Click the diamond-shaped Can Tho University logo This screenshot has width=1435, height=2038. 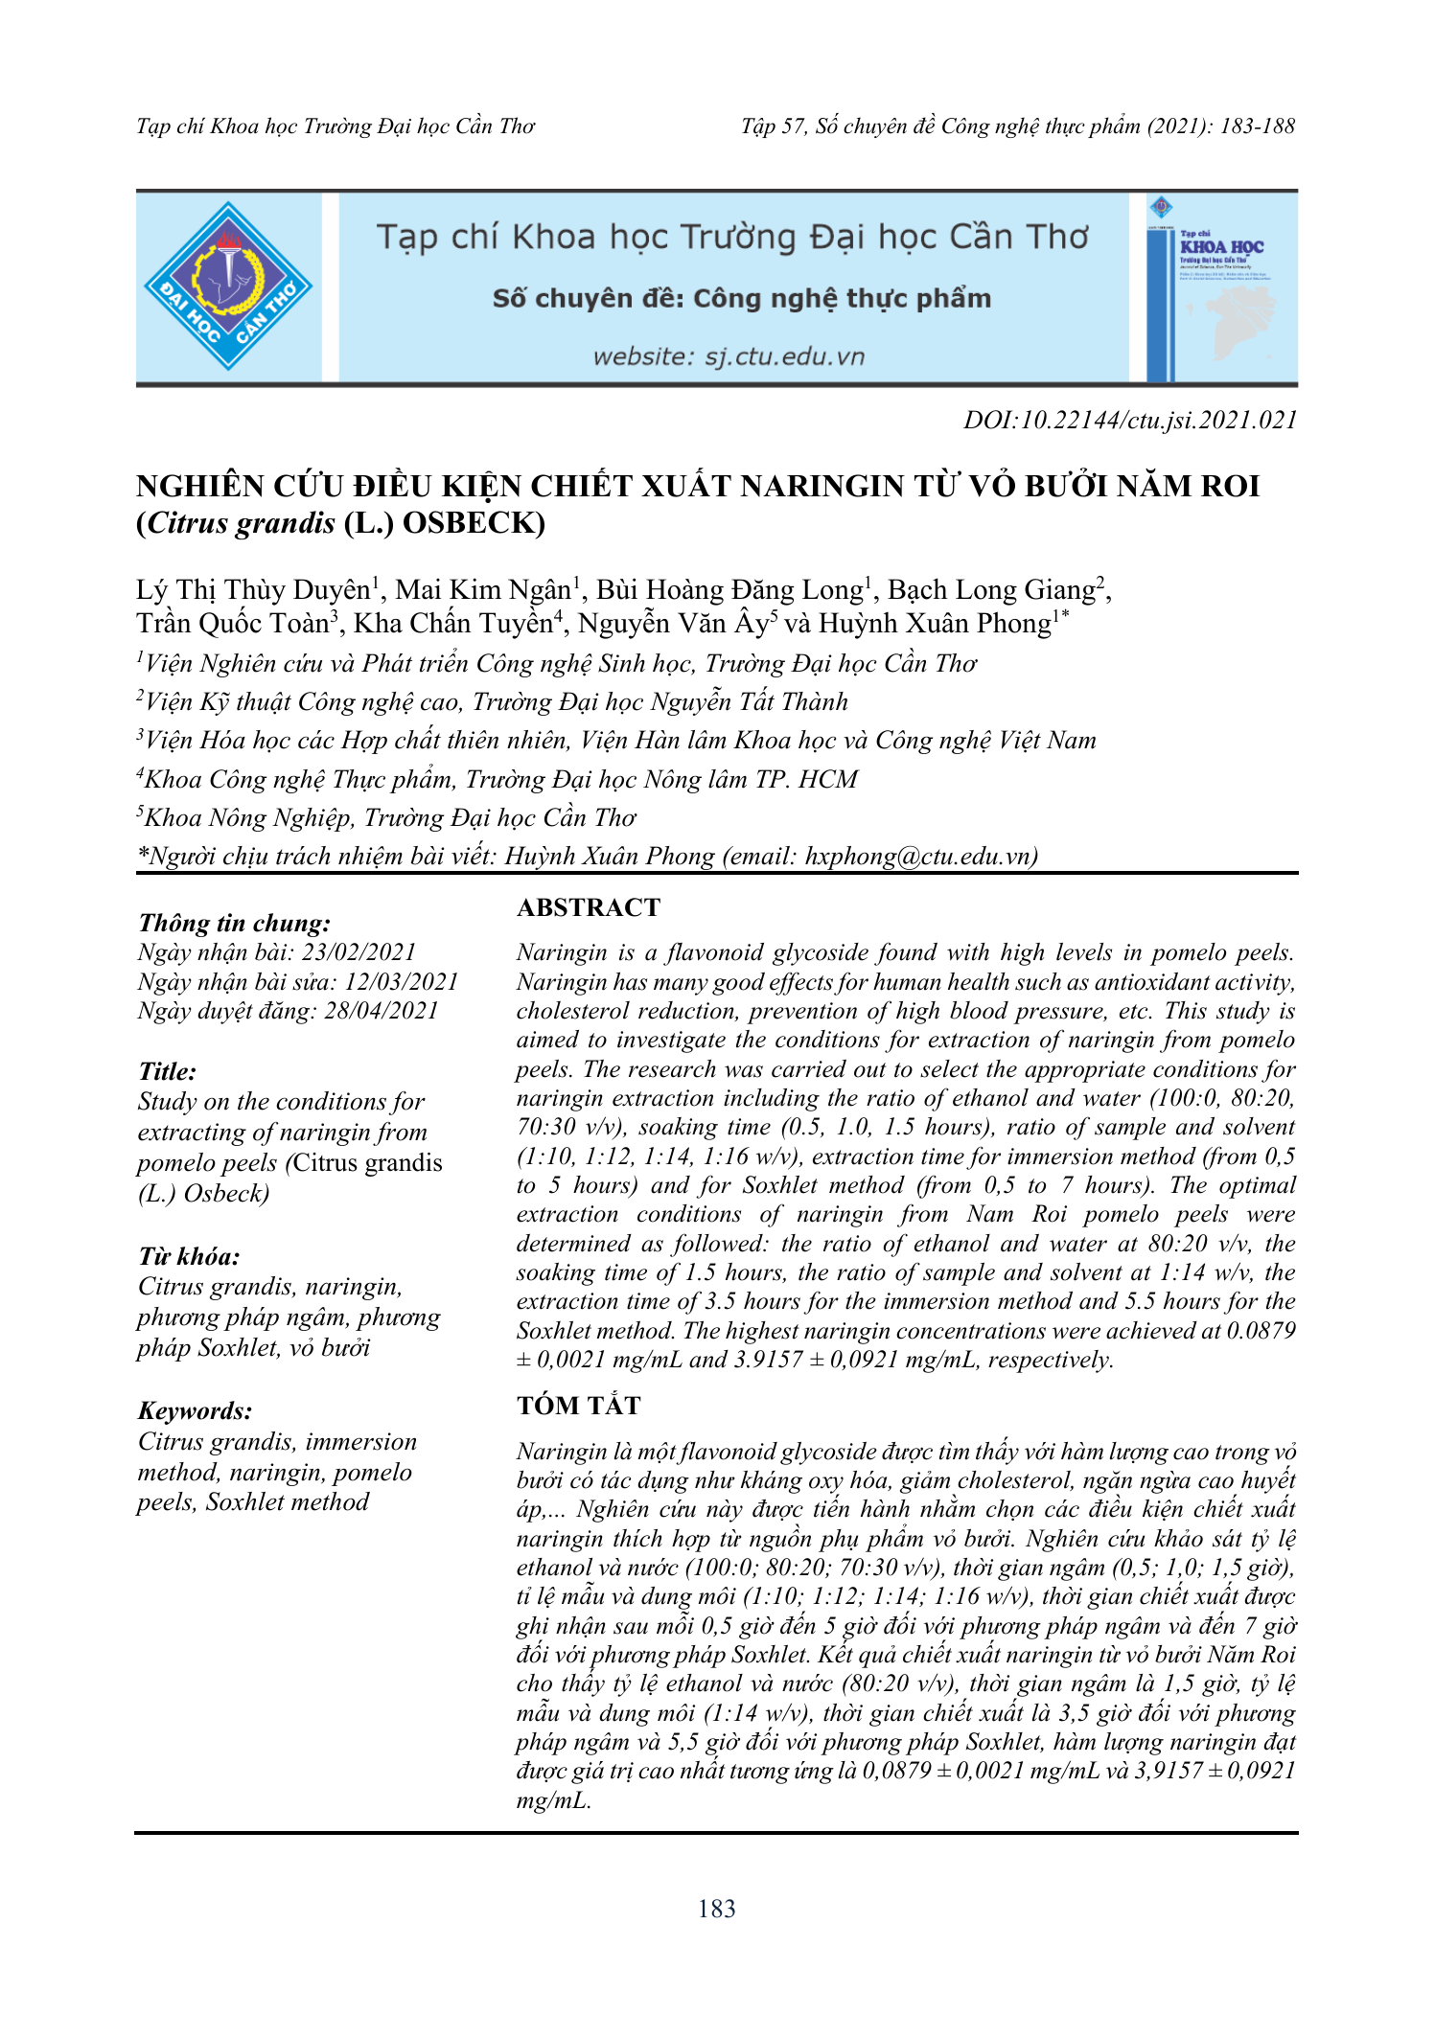tap(228, 286)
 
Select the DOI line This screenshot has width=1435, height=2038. tap(1130, 420)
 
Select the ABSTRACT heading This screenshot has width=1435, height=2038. tap(589, 907)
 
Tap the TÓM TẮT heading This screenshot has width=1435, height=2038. tap(578, 1406)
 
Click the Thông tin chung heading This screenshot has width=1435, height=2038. tap(235, 923)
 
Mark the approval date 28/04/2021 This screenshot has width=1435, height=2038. tap(382, 1011)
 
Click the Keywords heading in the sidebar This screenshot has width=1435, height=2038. tap(196, 1410)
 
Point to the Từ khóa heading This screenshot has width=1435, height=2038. tap(189, 1256)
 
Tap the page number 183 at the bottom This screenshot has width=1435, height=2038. tap(717, 1910)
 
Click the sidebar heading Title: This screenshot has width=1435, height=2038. tap(168, 1071)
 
